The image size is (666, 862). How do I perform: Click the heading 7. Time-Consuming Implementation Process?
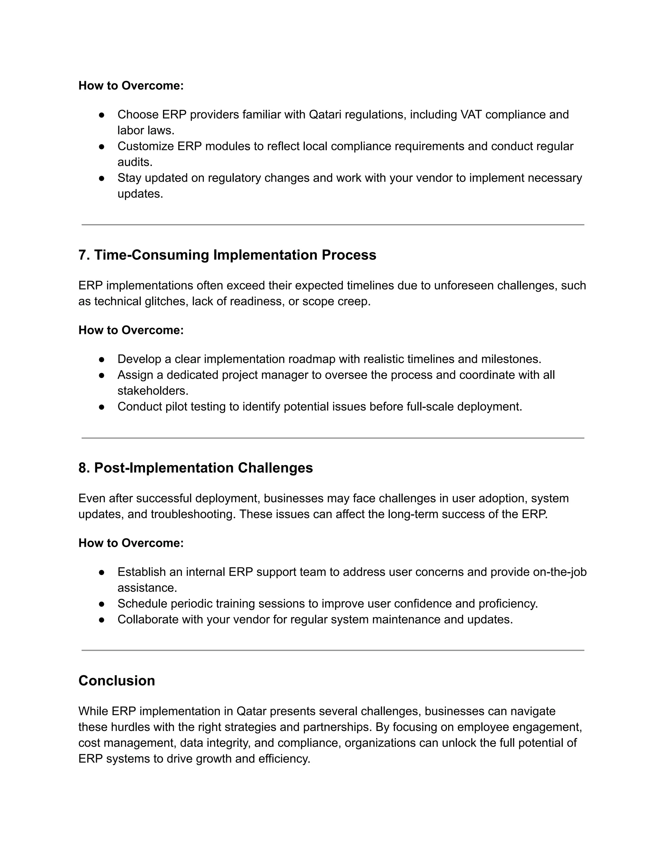[x=227, y=255]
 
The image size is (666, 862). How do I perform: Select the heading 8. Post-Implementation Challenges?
[x=195, y=468]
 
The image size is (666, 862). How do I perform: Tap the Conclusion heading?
[x=116, y=680]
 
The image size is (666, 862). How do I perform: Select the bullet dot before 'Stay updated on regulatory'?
[x=101, y=178]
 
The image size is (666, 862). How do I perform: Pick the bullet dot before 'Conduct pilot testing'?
[x=101, y=407]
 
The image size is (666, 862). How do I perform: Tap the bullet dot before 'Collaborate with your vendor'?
[x=101, y=619]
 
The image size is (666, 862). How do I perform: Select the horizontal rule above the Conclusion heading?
[x=333, y=651]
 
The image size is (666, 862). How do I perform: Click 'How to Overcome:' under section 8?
[x=131, y=543]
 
